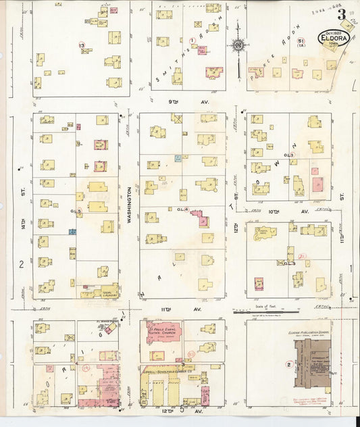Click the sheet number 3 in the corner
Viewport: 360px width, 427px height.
coord(342,14)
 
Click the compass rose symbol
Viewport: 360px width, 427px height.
coord(238,45)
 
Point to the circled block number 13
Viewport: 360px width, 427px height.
coord(82,45)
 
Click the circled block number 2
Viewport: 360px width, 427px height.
coord(288,365)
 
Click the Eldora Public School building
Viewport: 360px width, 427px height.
coord(312,364)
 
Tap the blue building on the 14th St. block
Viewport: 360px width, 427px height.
coord(72,232)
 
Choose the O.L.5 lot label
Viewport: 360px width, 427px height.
coord(76,213)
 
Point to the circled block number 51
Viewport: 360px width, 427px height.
coord(300,41)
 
